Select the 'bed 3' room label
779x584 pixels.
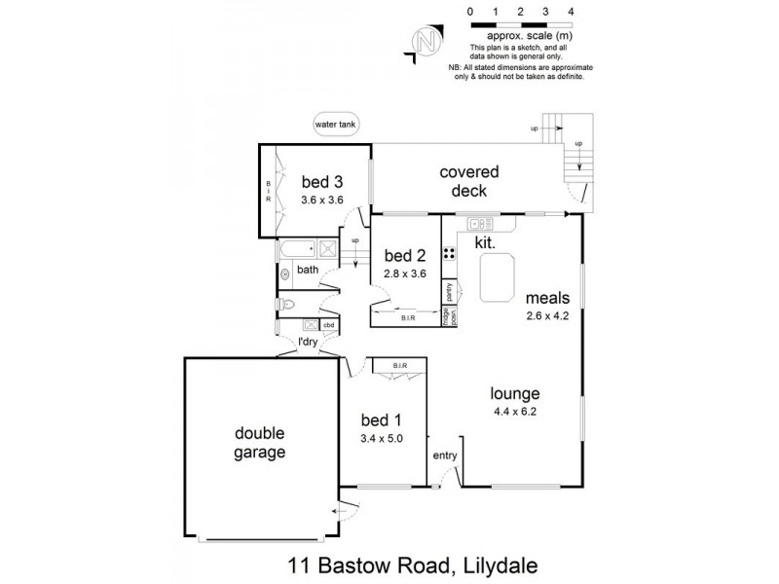tap(321, 181)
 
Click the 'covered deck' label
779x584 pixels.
tap(463, 181)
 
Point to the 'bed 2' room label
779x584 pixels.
tap(405, 256)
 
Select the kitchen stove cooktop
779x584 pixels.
tap(450, 254)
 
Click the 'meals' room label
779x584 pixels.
tap(547, 298)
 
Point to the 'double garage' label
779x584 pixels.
tap(259, 443)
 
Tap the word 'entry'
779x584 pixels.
tap(445, 456)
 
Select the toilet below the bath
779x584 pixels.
tap(286, 305)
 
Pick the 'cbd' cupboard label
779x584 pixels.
tap(329, 325)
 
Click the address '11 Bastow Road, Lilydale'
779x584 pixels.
tap(413, 564)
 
